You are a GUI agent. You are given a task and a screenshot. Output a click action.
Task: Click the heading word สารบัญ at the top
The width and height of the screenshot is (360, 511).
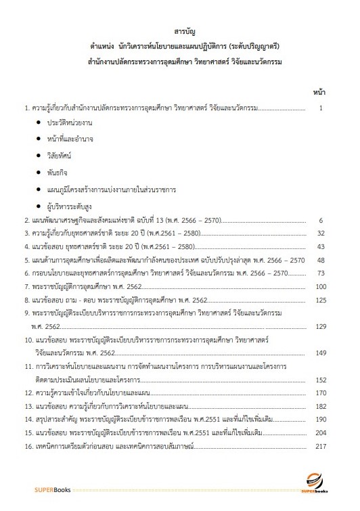point(180,31)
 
